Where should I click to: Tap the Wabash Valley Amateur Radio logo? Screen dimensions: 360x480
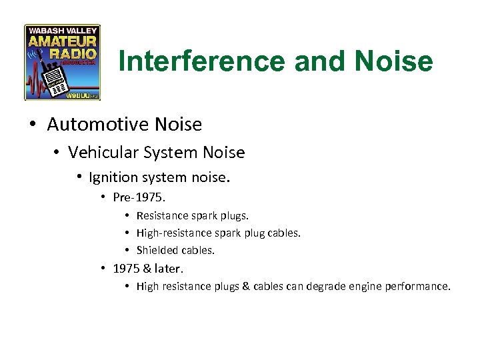[x=62, y=63]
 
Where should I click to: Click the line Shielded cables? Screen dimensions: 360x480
[x=176, y=250]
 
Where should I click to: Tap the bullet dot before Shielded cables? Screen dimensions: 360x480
[x=127, y=251]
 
